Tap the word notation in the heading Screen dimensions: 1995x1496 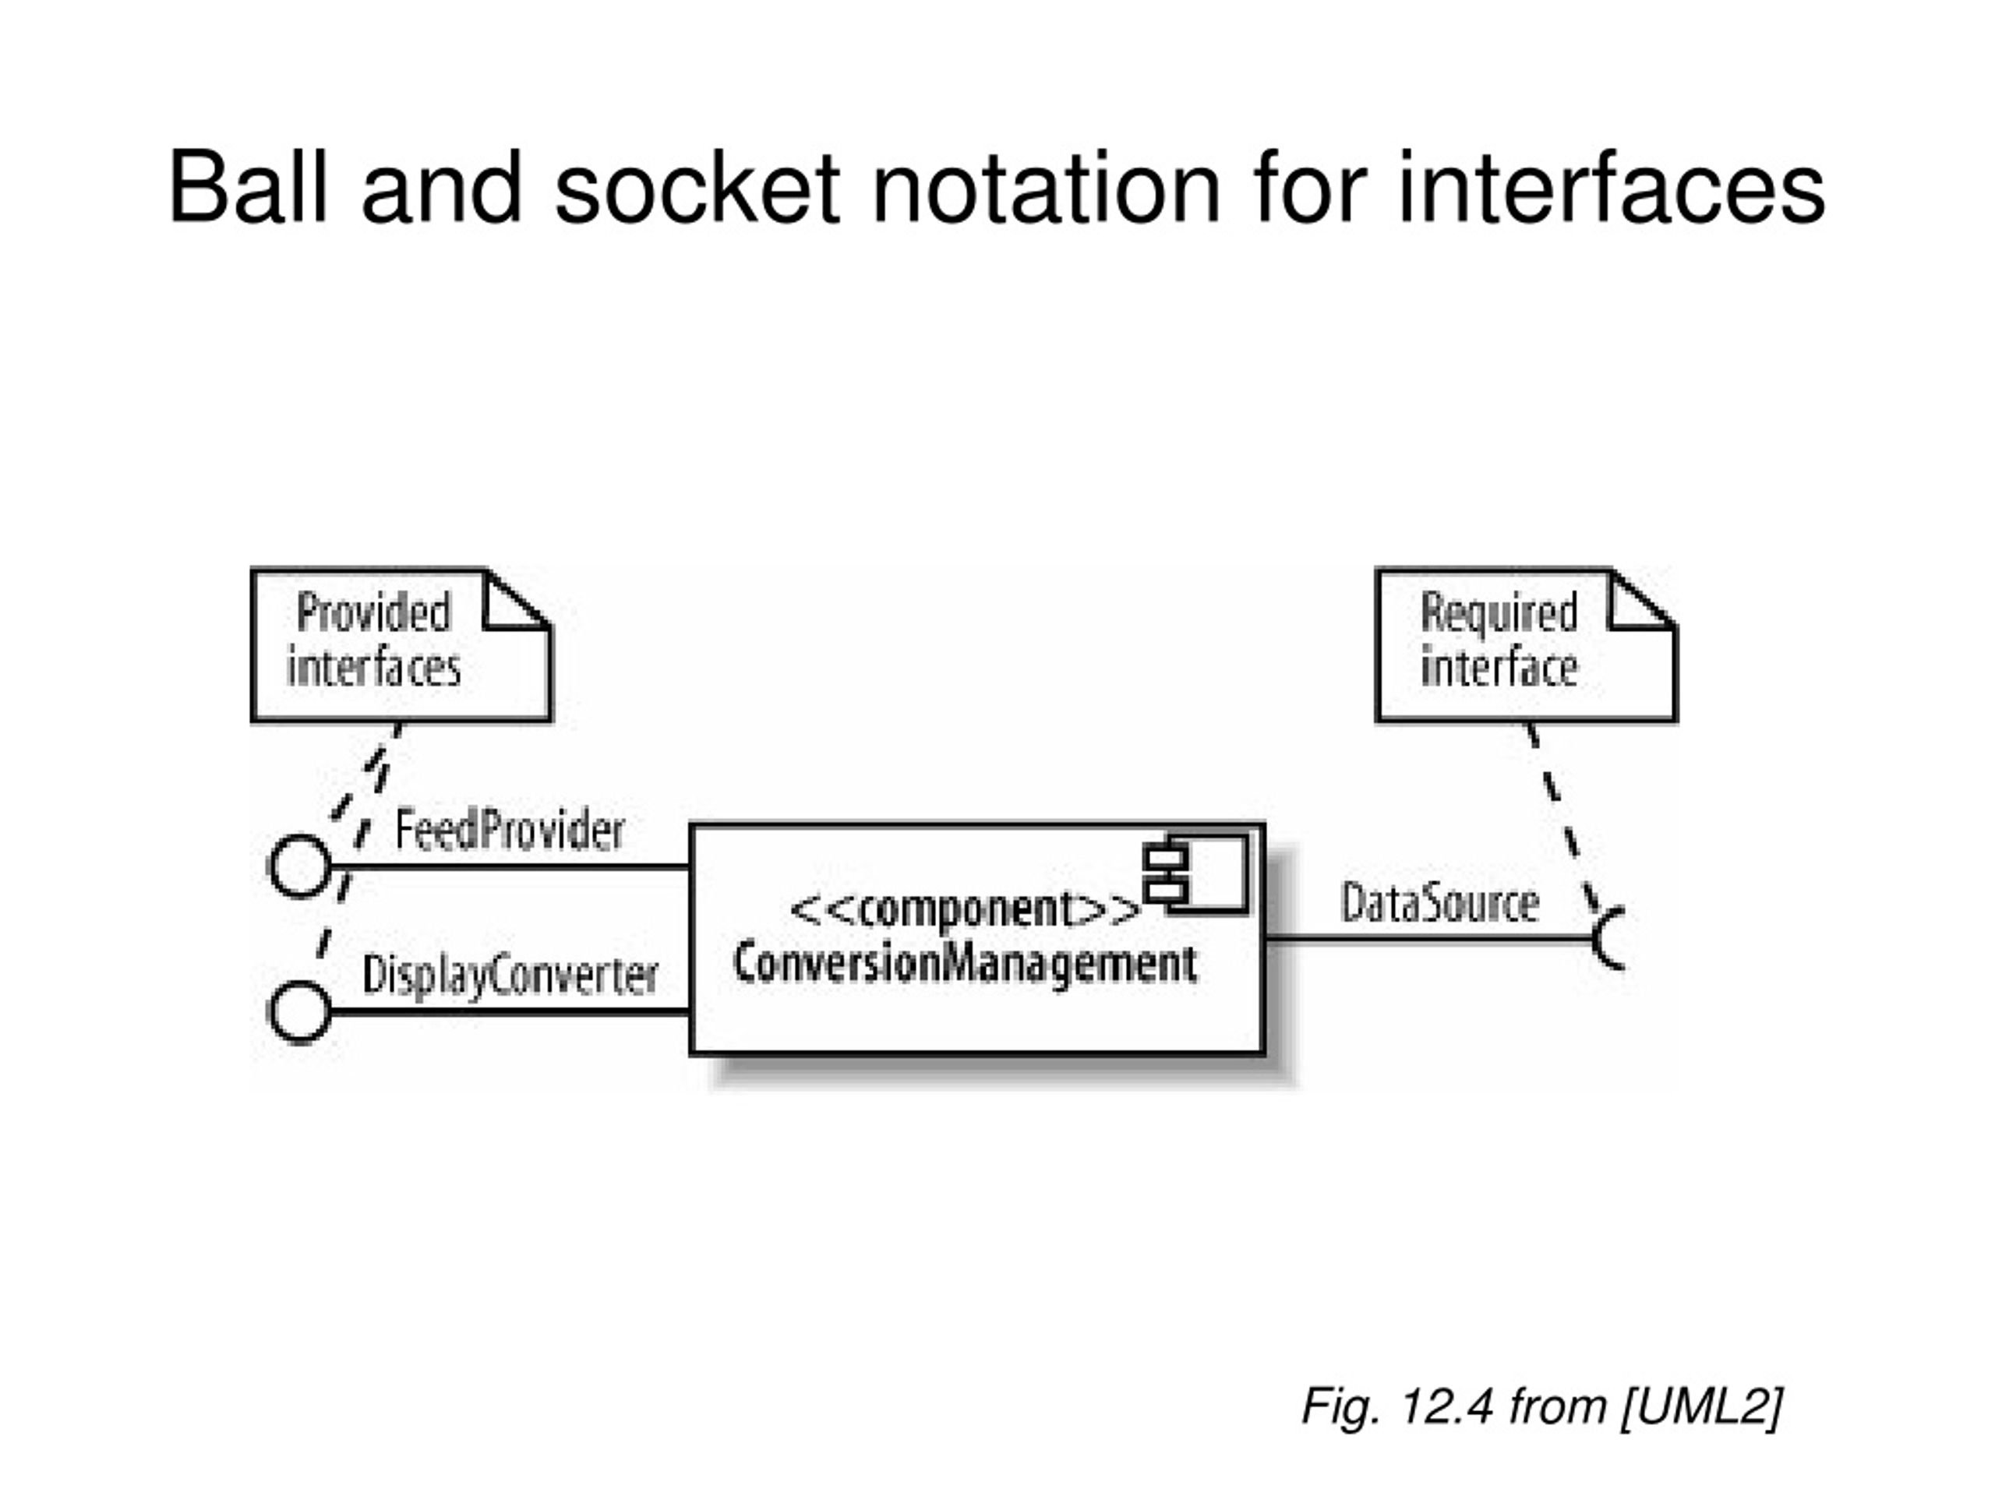(1045, 187)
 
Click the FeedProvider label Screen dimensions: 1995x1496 (510, 830)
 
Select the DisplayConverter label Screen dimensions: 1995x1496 (510, 976)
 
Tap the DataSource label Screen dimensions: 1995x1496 (1439, 902)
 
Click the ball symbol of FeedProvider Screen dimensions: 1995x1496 (300, 866)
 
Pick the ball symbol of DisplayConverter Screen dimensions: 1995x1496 (300, 1013)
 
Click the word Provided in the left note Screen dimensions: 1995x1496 (373, 613)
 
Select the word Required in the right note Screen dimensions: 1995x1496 (1499, 613)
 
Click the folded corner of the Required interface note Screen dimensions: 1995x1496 (1641, 598)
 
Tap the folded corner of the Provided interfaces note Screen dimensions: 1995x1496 (517, 598)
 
